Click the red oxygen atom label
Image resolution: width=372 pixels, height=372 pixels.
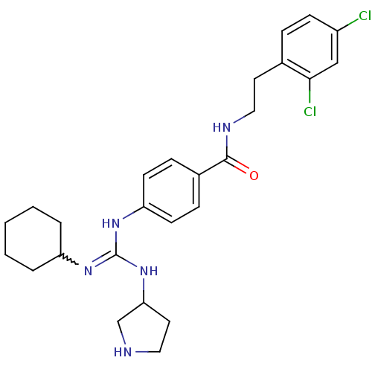click(x=254, y=176)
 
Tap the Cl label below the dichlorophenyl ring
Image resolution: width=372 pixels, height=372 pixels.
click(x=310, y=112)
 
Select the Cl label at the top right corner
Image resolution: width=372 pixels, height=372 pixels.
click(x=365, y=16)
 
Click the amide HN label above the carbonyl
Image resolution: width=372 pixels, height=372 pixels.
click(x=222, y=127)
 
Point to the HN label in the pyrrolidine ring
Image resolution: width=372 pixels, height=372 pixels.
click(x=123, y=352)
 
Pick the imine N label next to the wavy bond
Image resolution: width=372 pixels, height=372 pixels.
click(x=88, y=271)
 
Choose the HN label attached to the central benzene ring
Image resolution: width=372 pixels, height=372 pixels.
click(x=111, y=223)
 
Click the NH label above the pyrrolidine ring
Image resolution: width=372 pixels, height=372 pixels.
click(x=149, y=271)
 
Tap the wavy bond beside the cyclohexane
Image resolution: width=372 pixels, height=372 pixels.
click(x=70, y=260)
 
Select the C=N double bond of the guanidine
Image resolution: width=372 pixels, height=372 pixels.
click(x=104, y=259)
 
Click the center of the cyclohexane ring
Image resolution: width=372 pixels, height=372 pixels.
click(x=33, y=239)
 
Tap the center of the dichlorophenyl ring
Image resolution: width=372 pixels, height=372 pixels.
click(x=310, y=47)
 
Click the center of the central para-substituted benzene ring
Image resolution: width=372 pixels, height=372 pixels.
click(x=171, y=190)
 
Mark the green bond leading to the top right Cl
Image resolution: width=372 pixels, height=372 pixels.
click(x=348, y=25)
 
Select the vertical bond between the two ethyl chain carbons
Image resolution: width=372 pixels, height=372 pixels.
click(x=254, y=95)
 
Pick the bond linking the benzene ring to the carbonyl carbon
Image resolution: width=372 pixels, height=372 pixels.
click(x=213, y=167)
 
